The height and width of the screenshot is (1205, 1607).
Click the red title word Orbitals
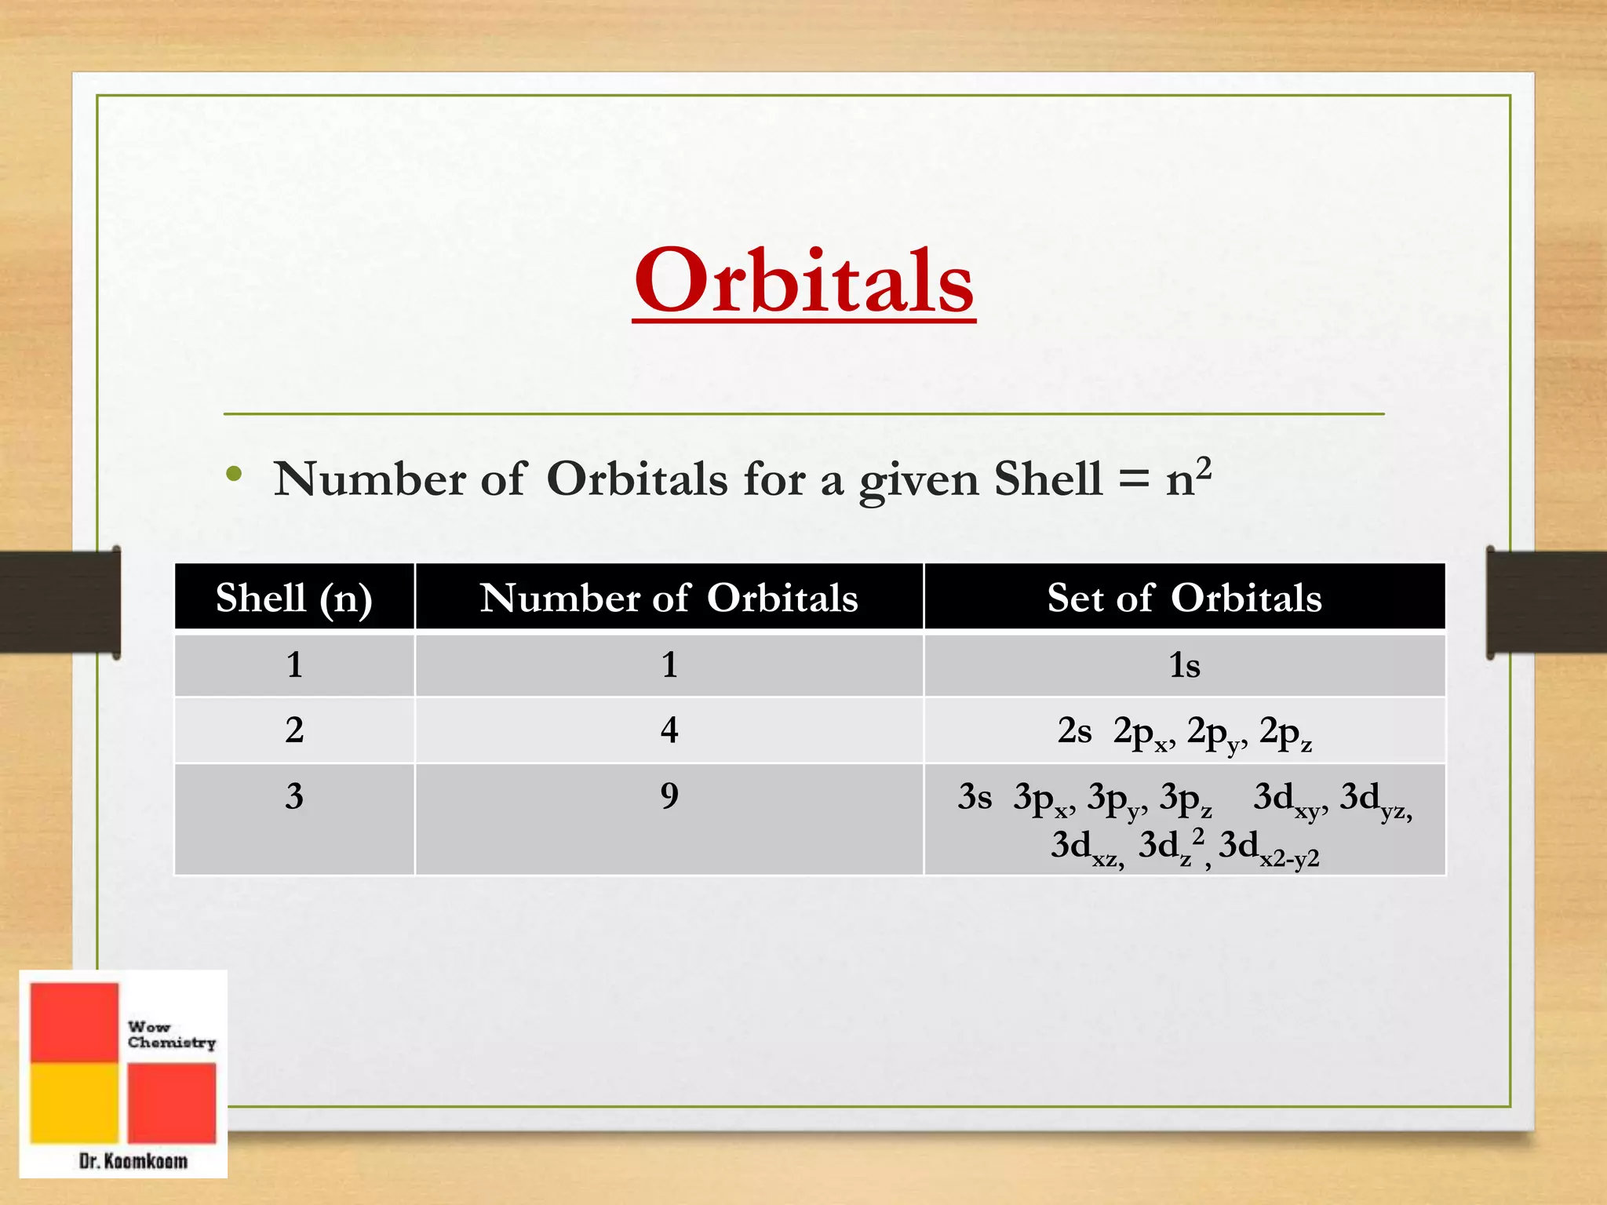(804, 282)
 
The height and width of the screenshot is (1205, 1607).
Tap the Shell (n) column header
(294, 598)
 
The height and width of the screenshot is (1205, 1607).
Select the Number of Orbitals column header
(669, 598)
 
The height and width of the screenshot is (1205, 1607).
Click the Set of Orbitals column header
(1184, 598)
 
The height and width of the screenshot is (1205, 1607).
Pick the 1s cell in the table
(1184, 666)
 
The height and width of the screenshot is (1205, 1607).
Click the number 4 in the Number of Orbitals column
(669, 730)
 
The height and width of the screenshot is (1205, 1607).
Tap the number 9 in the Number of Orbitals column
(669, 796)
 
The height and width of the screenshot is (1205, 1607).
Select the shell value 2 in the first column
(294, 730)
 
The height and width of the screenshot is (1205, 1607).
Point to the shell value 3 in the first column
(294, 796)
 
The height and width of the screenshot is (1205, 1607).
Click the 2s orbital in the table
(1074, 731)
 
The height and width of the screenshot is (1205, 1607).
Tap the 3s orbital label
(975, 797)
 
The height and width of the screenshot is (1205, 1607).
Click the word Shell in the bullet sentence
(1048, 479)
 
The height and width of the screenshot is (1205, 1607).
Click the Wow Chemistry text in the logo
(171, 1035)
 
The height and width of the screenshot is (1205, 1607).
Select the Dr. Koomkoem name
(133, 1161)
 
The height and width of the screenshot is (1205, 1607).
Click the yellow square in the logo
(74, 1102)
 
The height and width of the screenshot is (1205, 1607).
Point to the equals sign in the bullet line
(1133, 481)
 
